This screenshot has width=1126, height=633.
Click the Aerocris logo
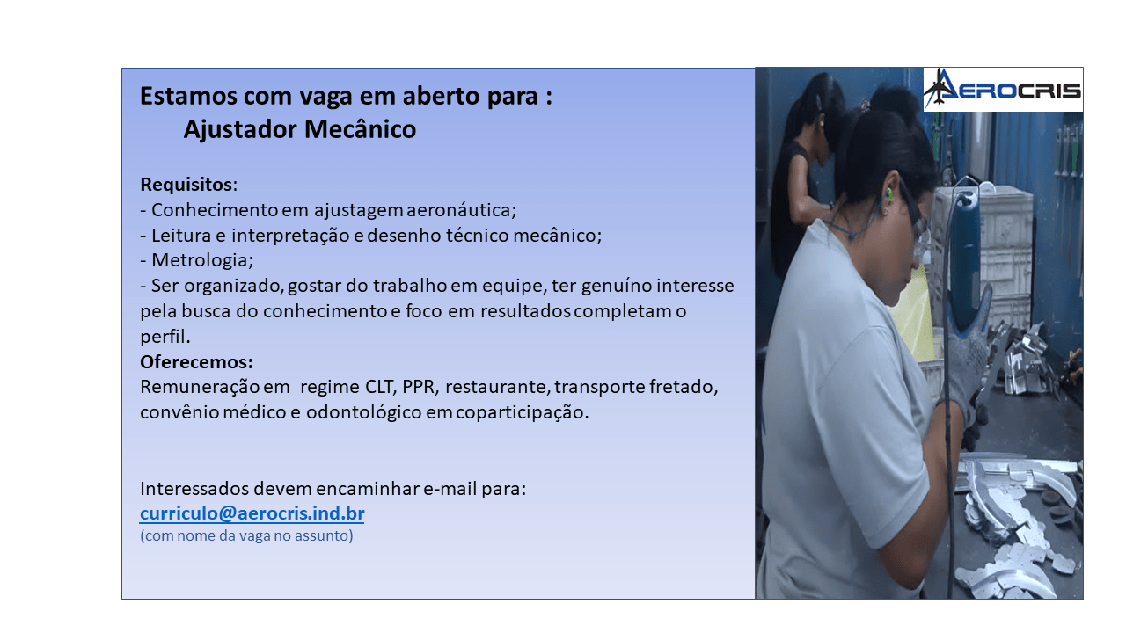pos(1003,90)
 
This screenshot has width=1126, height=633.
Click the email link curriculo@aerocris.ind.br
pos(252,513)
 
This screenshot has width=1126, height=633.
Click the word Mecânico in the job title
pos(360,129)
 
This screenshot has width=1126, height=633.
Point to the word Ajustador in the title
pos(240,129)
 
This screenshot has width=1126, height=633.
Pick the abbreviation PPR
pos(418,387)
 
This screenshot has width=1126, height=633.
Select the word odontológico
pos(364,413)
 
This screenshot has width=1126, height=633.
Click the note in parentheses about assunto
pos(246,536)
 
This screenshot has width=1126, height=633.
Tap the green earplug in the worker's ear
pos(888,193)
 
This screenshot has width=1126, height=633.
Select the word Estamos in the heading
pos(188,96)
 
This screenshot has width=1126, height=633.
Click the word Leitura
pos(181,235)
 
